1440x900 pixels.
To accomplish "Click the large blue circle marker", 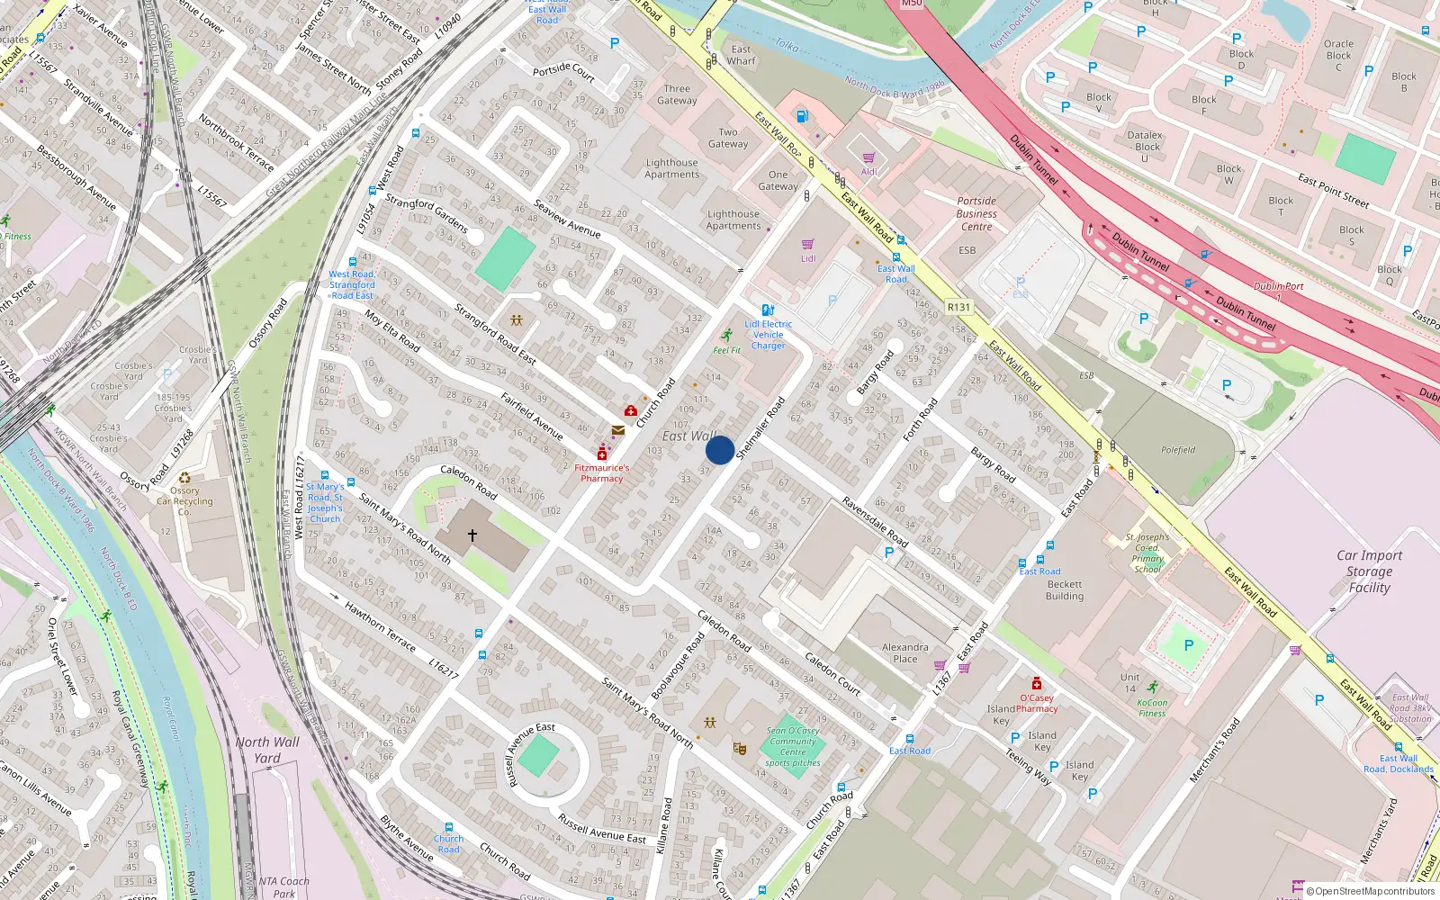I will (x=719, y=449).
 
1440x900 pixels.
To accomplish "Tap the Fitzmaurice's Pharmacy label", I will (x=602, y=473).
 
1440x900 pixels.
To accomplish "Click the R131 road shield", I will (x=959, y=307).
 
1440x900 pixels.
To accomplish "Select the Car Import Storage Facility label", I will (x=1369, y=571).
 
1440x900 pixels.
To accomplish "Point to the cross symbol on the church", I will (x=472, y=535).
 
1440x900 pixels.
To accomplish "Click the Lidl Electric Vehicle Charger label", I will (x=768, y=335).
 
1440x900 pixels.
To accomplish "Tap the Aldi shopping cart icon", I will (x=868, y=157).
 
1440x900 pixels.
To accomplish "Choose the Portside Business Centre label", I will (x=976, y=214).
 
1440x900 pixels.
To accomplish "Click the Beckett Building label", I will (x=1065, y=590).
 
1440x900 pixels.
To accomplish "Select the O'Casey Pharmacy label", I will (x=1037, y=703).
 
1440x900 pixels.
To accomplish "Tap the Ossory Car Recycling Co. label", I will (x=184, y=501).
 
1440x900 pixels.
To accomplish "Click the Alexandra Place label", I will (x=905, y=652).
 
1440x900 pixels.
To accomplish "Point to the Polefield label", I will (x=1178, y=450).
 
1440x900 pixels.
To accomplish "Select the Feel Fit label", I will (x=726, y=350).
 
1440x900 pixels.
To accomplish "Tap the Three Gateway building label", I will (x=677, y=94).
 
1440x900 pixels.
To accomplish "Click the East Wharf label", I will (x=741, y=55).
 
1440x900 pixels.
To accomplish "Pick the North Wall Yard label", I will (x=267, y=750).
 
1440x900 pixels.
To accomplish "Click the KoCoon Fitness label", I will (x=1152, y=708).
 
